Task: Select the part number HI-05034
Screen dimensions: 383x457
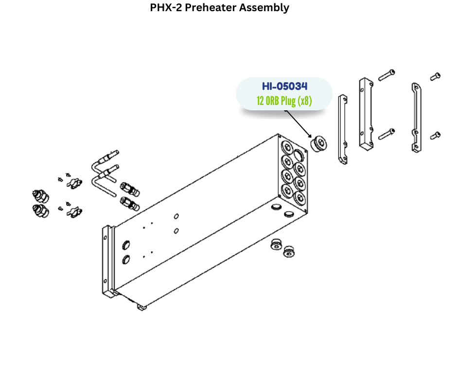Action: click(284, 87)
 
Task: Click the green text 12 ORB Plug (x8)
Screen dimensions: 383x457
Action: click(284, 101)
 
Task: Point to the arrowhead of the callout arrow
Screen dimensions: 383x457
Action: click(310, 136)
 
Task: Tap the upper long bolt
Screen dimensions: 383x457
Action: click(386, 74)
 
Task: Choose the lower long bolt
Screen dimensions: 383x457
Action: click(386, 132)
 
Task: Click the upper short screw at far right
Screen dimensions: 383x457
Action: click(435, 76)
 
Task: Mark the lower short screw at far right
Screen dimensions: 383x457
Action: click(435, 136)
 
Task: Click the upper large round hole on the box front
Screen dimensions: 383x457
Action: click(126, 244)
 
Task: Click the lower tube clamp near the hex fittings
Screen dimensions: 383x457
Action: click(73, 211)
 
